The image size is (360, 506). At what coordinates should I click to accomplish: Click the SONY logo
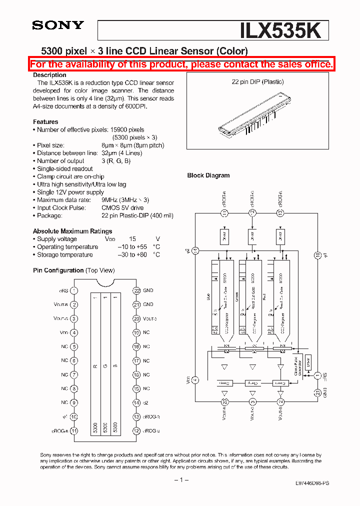[58, 25]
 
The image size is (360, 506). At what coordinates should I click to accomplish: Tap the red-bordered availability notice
[181, 64]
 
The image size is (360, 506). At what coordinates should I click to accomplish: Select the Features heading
[45, 122]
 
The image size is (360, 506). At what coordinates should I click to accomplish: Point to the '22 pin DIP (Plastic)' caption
[257, 82]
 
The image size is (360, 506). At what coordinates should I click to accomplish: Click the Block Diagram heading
[208, 175]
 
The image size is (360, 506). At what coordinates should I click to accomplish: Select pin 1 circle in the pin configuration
[74, 290]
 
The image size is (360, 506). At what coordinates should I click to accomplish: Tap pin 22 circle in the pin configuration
[136, 290]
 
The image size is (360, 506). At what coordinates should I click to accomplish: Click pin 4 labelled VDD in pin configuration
[74, 332]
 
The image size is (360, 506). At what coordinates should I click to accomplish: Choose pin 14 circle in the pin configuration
[136, 402]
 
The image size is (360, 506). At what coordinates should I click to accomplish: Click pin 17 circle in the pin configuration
[136, 360]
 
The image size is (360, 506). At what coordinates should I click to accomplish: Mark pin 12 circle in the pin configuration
[136, 430]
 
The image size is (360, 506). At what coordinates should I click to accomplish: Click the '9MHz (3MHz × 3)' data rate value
[125, 200]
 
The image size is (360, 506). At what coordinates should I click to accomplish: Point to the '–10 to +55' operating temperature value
[132, 247]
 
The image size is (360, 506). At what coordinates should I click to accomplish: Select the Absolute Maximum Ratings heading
[72, 231]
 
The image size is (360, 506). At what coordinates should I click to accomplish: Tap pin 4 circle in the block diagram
[195, 380]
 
